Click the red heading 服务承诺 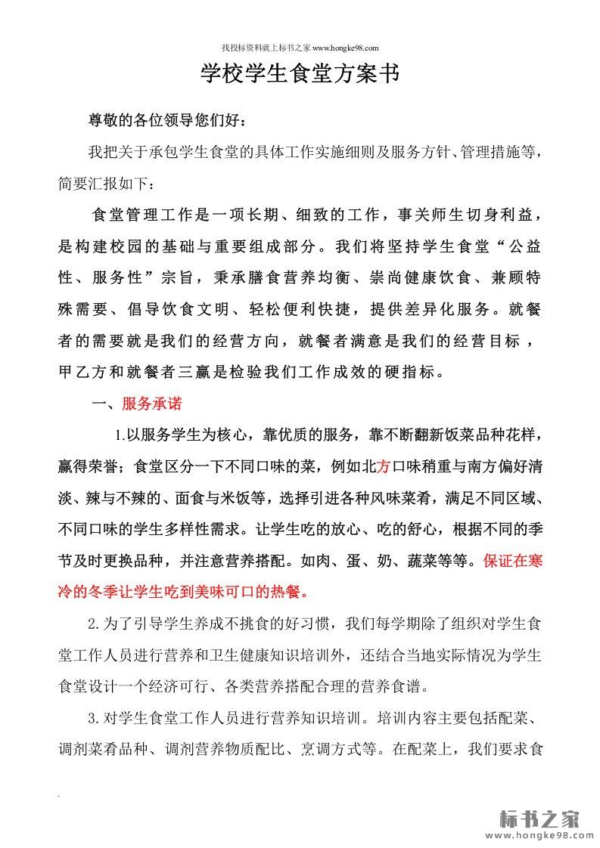click(x=151, y=404)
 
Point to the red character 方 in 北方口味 click(x=383, y=466)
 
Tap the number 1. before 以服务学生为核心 click(x=120, y=435)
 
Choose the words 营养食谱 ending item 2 click(x=399, y=687)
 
